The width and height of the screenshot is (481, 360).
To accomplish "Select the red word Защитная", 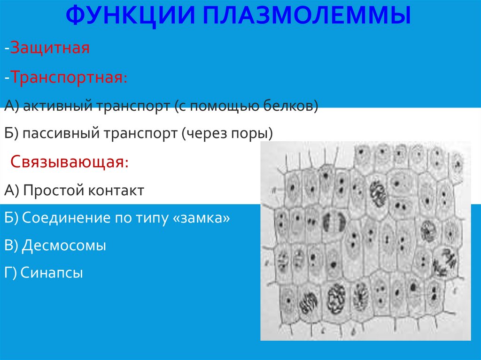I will (50, 48).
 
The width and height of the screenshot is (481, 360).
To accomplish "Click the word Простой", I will (50, 191).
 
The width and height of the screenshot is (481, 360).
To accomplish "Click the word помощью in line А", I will (219, 107).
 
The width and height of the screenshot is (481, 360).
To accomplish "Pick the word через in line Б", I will (206, 134).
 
